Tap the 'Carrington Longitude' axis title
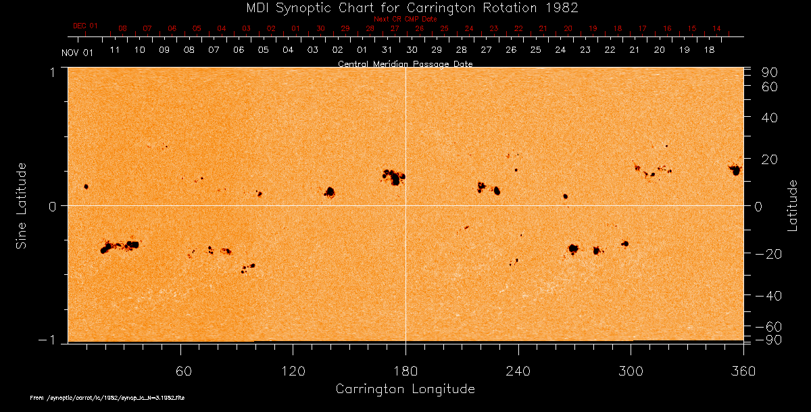(x=405, y=389)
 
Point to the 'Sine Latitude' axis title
(x=22, y=205)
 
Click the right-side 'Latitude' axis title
(x=793, y=205)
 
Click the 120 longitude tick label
(x=293, y=371)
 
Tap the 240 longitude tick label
(x=518, y=371)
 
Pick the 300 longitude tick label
(x=631, y=371)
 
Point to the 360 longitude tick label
(x=743, y=371)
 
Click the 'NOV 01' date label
(x=76, y=53)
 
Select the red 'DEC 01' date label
(x=85, y=26)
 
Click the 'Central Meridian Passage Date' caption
(x=405, y=63)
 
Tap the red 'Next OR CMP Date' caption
(x=405, y=19)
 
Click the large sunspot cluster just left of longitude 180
(x=393, y=177)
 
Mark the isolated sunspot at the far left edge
(x=86, y=186)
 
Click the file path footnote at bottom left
(x=107, y=398)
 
